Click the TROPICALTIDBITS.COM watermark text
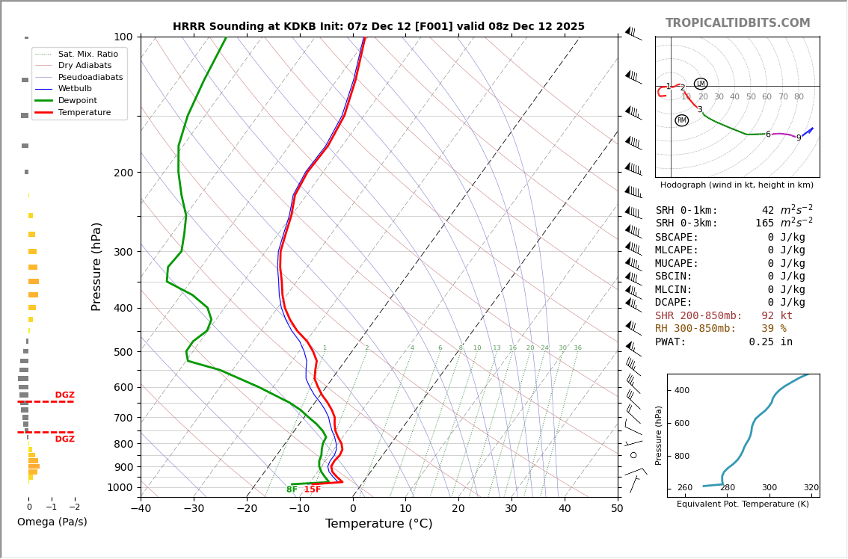point(737,23)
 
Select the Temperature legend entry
point(84,112)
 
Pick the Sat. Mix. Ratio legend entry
point(87,54)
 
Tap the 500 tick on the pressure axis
point(123,352)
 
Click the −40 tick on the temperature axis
point(141,509)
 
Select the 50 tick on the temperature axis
point(617,509)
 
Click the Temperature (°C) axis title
point(378,524)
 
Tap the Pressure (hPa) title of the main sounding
point(96,266)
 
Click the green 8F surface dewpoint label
point(292,489)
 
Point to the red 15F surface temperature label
point(313,489)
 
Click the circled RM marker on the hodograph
point(681,120)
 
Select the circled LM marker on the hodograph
point(701,84)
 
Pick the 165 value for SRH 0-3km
point(764,223)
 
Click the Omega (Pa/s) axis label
point(52,522)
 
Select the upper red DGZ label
point(64,395)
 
